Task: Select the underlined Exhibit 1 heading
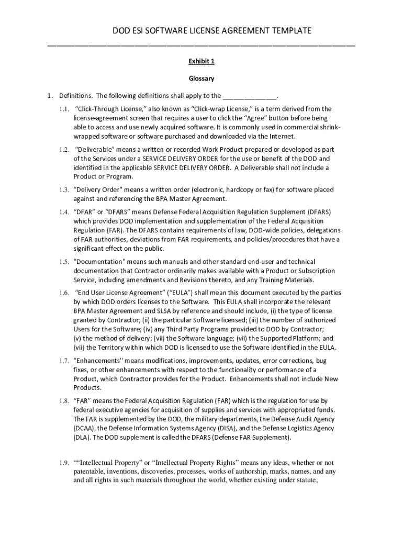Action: [x=201, y=61]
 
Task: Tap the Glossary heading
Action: [x=201, y=79]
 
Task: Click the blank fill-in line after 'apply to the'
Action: [x=250, y=96]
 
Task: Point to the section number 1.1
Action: [x=64, y=109]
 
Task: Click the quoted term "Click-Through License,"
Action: [x=107, y=109]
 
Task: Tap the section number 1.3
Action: [x=64, y=189]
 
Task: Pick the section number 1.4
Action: [x=64, y=211]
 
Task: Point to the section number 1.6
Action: [x=64, y=293]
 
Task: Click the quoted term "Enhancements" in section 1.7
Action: [x=98, y=361]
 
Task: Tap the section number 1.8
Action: [x=64, y=400]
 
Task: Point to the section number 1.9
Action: [x=64, y=463]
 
